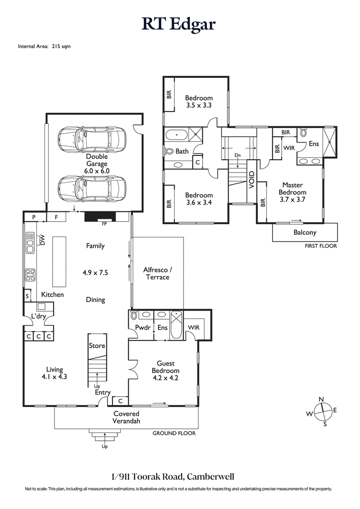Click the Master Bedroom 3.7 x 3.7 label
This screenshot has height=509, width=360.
292,192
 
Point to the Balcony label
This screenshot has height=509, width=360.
305,232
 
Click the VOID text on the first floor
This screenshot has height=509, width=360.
252,180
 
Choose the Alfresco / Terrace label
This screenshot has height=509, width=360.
156,273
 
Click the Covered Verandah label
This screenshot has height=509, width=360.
126,417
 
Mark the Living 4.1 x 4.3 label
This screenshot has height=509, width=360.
54,373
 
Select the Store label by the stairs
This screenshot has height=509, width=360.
97,346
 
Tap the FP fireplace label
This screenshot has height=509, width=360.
104,223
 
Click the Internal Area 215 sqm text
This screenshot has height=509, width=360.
44,46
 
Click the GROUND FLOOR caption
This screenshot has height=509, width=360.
174,433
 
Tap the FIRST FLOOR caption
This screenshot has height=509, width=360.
320,246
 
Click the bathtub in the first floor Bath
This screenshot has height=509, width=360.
177,134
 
